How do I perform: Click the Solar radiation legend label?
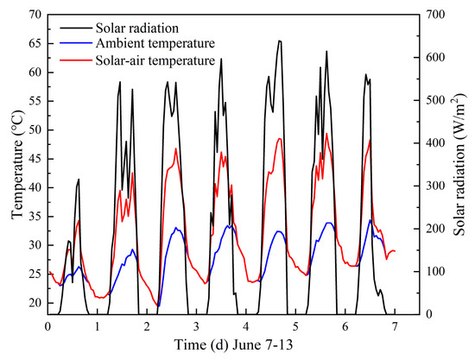tap(137, 28)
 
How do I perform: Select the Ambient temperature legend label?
tap(155, 43)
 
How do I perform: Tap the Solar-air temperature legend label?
tap(155, 60)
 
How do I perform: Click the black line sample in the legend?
tap(76, 28)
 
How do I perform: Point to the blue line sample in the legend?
tap(76, 43)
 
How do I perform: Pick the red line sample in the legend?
tap(76, 60)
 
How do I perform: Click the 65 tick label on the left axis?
tap(36, 44)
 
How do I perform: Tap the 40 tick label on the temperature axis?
tap(36, 187)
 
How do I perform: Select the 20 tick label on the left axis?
tap(36, 303)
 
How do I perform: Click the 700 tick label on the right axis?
tap(434, 15)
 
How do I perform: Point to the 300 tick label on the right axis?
tap(434, 186)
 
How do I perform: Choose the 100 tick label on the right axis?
tap(434, 271)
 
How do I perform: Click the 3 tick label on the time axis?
tap(196, 327)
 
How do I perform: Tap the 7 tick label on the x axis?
tap(395, 327)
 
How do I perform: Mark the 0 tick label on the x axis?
tap(47, 327)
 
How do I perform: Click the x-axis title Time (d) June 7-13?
tap(233, 344)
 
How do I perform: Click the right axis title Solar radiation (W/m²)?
tap(459, 164)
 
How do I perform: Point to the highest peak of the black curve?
tap(280, 41)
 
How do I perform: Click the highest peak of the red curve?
tap(326, 133)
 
